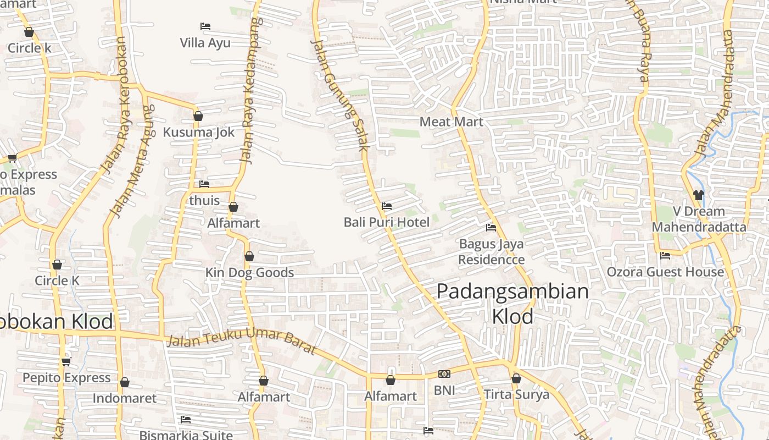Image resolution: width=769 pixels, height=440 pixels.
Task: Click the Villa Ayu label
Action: tap(205, 43)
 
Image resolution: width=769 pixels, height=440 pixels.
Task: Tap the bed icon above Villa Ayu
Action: tap(205, 26)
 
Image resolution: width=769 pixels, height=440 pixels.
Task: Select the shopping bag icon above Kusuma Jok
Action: tap(198, 116)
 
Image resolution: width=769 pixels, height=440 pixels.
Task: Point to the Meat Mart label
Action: tap(451, 122)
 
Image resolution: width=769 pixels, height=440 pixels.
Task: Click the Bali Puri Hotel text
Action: tap(386, 222)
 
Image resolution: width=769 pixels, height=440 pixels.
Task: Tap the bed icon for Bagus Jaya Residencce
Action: tap(491, 228)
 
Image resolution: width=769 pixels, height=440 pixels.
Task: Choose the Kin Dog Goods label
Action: tap(249, 273)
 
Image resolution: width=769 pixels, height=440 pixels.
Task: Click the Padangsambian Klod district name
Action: tap(512, 304)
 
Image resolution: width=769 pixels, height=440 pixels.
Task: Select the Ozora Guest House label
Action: tap(665, 272)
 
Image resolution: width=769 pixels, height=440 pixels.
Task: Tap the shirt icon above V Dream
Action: tap(698, 195)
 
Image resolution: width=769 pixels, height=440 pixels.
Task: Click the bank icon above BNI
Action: tap(444, 375)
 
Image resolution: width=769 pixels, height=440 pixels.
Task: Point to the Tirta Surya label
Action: tap(516, 394)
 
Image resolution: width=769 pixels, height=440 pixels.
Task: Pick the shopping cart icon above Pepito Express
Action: tap(66, 361)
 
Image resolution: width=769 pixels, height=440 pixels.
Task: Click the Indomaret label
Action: tap(125, 398)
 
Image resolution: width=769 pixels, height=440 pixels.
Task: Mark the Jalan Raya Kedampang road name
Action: tap(250, 91)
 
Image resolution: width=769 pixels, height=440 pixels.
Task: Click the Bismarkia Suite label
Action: tap(186, 435)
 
